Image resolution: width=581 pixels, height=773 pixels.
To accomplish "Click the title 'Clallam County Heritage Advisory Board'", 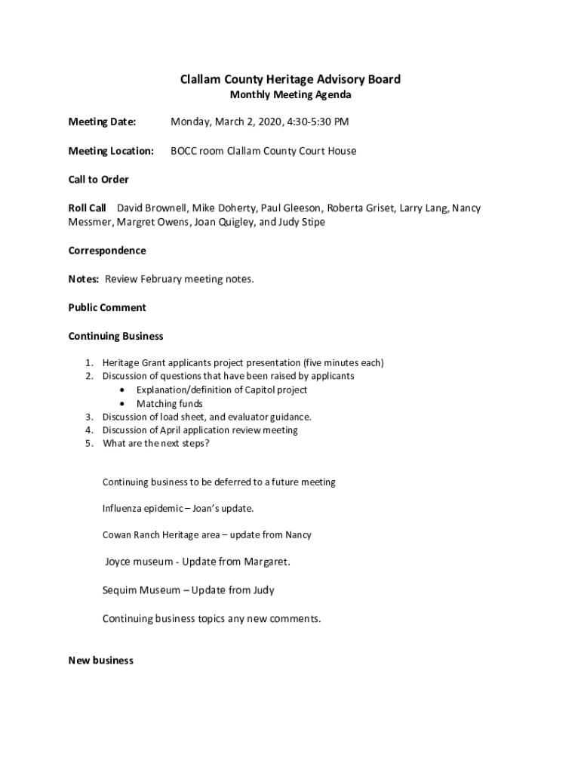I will [x=290, y=79].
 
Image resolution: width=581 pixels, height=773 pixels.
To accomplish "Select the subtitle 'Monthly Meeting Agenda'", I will [x=290, y=95].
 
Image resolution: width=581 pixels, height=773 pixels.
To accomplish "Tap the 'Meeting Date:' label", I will [x=102, y=122].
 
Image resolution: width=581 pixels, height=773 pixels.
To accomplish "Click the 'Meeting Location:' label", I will [x=111, y=151].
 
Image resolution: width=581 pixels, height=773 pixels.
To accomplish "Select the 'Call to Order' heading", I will [x=98, y=180].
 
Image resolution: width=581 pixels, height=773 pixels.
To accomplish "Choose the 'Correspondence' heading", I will [x=107, y=251].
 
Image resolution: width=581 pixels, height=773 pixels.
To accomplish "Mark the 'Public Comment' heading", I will [x=107, y=308].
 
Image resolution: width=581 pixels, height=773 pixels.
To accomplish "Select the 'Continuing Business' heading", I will [x=115, y=336].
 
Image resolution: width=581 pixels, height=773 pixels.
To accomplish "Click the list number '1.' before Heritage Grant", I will [x=89, y=363].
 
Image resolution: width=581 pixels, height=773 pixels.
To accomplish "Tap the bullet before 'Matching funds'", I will [x=122, y=404].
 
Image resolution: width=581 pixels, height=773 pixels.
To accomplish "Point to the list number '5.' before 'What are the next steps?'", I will [x=89, y=444].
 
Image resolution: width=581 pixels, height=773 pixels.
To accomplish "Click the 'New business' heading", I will [x=100, y=661].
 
